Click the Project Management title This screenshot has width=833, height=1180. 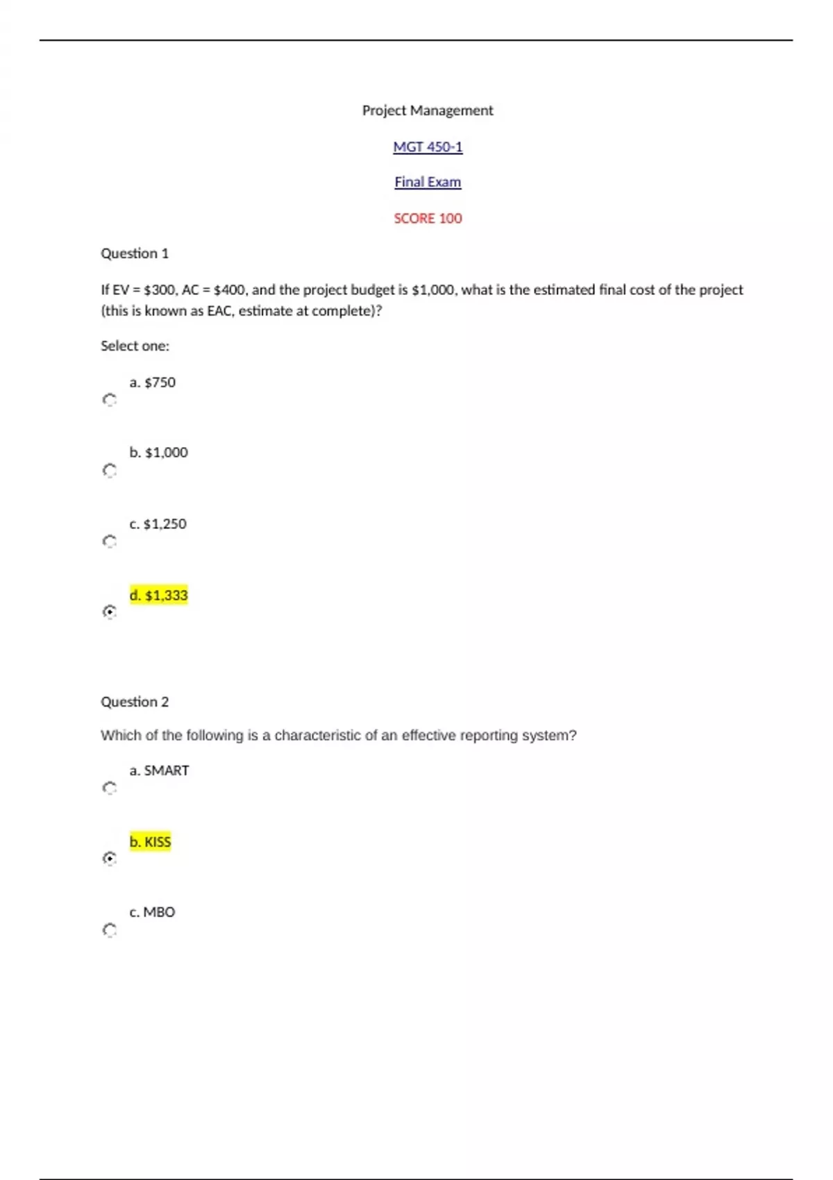[x=428, y=110]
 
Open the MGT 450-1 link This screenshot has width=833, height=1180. [x=428, y=147]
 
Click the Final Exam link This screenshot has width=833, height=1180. [x=428, y=182]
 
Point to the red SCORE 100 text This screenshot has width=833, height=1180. [x=428, y=219]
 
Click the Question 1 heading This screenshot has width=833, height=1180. [x=135, y=253]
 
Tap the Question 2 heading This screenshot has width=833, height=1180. [x=135, y=702]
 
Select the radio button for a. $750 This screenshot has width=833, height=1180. [x=110, y=400]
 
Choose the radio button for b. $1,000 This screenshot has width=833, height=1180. [x=110, y=471]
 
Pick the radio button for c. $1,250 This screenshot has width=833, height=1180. [x=110, y=541]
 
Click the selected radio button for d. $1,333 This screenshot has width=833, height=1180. [x=110, y=612]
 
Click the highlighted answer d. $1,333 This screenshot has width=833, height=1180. [x=158, y=596]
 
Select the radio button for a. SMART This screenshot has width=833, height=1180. [x=110, y=788]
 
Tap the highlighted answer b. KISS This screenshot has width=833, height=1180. [x=150, y=842]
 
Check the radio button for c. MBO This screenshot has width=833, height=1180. [x=110, y=930]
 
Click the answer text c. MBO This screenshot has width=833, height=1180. [x=152, y=912]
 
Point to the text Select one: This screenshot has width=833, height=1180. [x=135, y=346]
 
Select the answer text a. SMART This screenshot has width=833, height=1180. [x=159, y=770]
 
